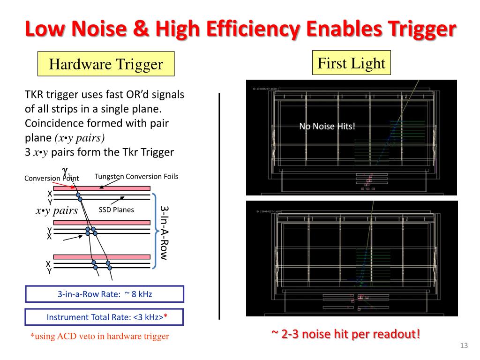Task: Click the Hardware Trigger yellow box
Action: (106, 64)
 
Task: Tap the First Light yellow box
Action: (351, 63)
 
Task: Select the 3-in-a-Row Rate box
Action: (105, 294)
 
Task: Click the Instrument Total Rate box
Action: (105, 317)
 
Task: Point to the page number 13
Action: (464, 346)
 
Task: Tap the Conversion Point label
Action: (52, 178)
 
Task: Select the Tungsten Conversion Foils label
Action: (136, 177)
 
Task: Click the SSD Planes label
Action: (116, 210)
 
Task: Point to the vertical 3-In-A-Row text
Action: (164, 232)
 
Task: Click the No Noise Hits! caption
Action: (327, 126)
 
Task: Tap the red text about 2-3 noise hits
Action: (345, 334)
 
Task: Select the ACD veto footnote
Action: (99, 336)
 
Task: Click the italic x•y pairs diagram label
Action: (57, 210)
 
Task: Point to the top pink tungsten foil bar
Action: (102, 188)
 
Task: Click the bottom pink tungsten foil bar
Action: (102, 257)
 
